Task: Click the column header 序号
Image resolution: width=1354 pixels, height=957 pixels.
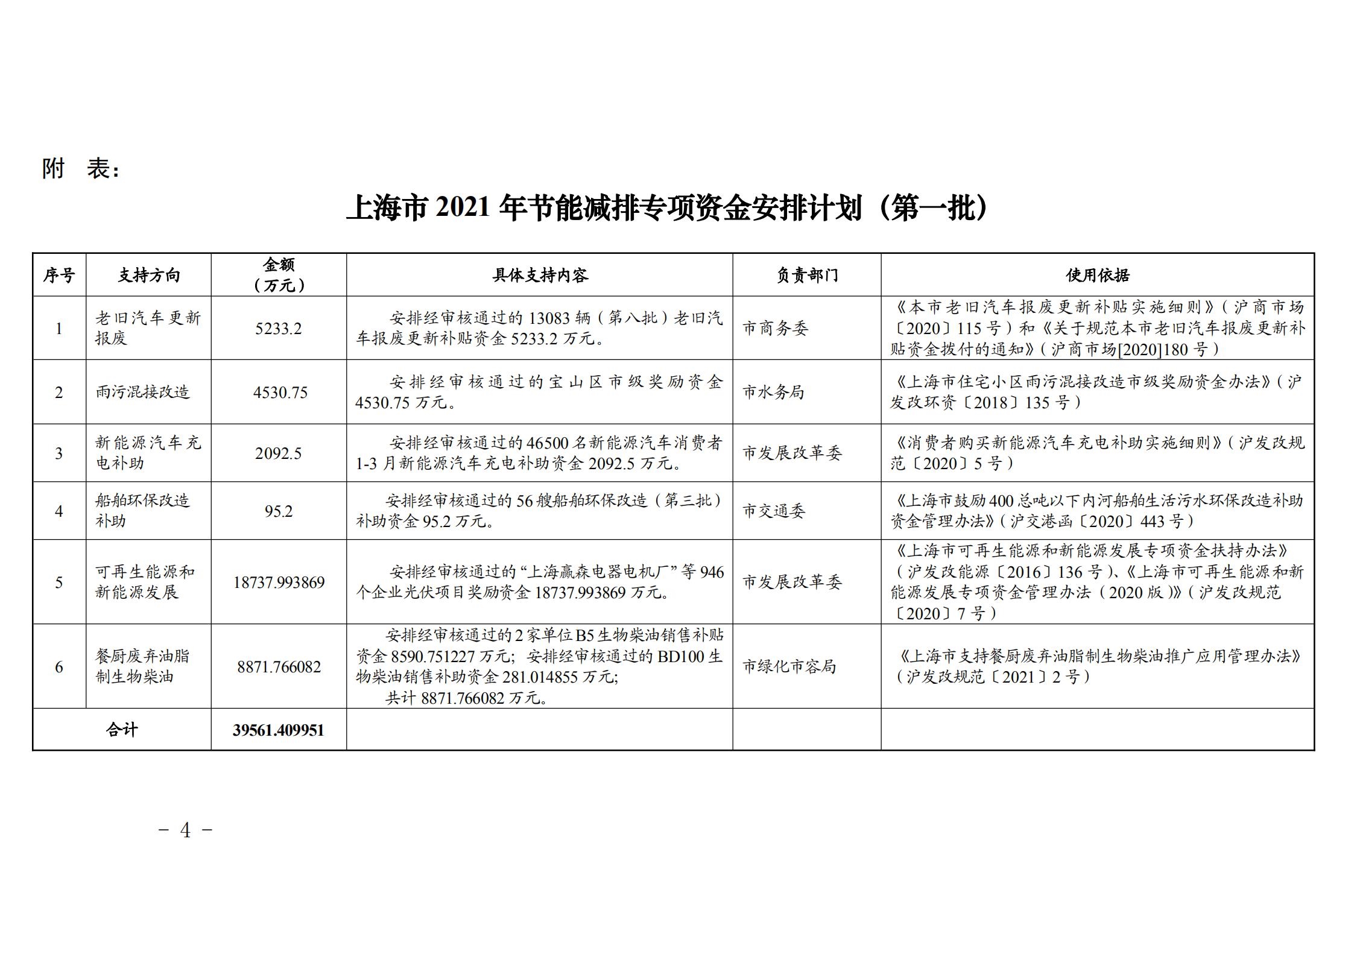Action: pos(59,276)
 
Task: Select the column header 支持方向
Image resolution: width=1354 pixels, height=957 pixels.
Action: pos(148,276)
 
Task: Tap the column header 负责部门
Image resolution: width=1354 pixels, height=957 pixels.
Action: pos(806,276)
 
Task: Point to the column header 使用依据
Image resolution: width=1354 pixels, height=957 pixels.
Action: pos(1097,276)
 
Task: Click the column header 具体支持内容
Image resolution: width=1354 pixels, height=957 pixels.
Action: pos(539,276)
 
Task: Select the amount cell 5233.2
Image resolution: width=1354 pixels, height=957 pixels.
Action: pos(278,329)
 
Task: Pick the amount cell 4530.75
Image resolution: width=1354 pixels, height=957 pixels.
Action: pos(280,393)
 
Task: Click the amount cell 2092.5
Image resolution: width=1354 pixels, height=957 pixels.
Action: pos(278,453)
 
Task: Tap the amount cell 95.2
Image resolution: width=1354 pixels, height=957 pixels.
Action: pos(278,511)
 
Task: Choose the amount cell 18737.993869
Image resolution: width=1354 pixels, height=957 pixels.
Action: pos(279,583)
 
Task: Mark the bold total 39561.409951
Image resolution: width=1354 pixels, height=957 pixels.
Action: pos(279,730)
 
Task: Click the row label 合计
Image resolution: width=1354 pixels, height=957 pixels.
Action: pos(122,730)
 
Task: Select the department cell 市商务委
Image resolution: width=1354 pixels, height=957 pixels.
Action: pos(774,329)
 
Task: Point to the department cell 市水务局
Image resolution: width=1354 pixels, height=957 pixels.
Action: pos(773,393)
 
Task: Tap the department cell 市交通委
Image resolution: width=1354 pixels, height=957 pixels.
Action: pos(773,511)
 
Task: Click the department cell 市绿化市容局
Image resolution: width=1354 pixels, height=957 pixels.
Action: pos(789,666)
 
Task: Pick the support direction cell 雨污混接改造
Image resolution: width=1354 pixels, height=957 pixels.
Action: pos(142,393)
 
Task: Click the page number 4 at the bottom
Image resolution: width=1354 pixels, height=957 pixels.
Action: pos(185,831)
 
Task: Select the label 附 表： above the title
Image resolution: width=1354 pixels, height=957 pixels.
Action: pos(81,169)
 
